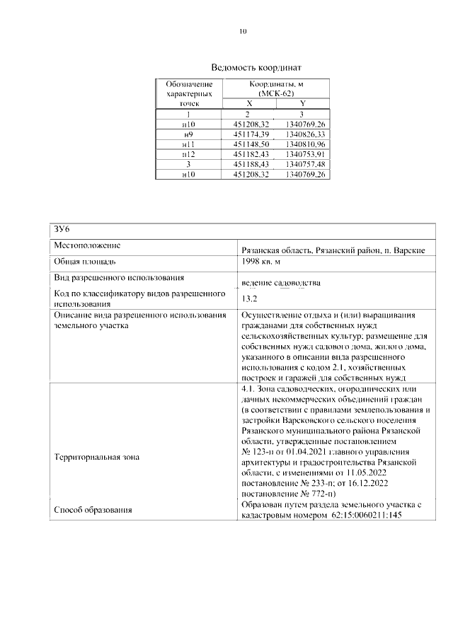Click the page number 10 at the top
[x=243, y=31]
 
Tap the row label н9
[x=188, y=134]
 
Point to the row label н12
[x=188, y=153]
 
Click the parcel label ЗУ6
[x=62, y=228]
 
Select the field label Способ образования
[x=93, y=509]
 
